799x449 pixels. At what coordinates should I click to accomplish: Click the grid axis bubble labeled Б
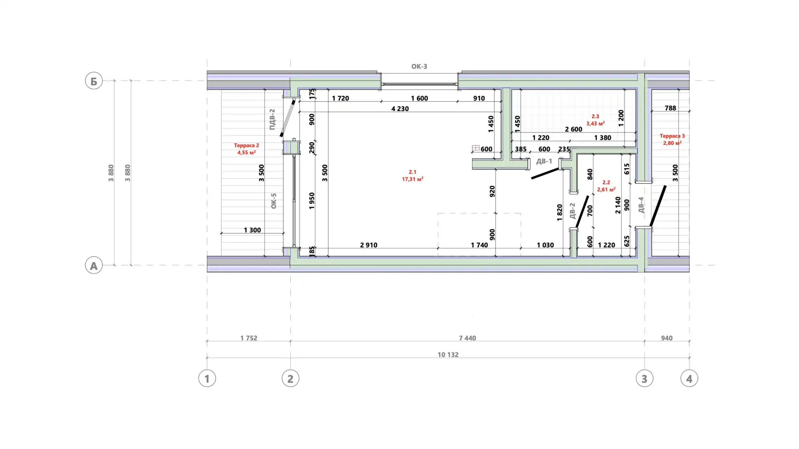94,81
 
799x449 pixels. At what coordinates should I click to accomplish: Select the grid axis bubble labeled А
94,265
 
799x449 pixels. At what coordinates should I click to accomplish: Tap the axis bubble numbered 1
207,378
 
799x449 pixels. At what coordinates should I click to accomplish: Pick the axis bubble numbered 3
645,378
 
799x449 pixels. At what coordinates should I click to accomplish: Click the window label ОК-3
419,67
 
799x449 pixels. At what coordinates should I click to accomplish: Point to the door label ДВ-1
544,161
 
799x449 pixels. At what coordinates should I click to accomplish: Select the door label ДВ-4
641,205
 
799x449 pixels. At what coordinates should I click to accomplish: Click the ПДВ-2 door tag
272,119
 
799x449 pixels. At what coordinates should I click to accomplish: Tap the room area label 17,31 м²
412,179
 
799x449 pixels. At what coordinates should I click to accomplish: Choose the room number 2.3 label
595,116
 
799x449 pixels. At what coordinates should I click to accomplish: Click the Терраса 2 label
247,145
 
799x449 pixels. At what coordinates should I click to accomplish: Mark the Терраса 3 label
672,136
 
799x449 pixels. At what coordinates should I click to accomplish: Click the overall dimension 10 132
448,355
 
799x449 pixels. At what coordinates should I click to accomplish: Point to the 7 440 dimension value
467,338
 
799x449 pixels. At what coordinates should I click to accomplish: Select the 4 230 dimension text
400,109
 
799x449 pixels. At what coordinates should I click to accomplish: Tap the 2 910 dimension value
369,245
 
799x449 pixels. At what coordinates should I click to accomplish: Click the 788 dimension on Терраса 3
670,108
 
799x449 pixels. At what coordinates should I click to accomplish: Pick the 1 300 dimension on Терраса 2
252,230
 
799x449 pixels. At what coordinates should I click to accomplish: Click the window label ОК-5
273,201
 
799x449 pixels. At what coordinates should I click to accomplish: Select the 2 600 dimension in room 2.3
574,129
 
